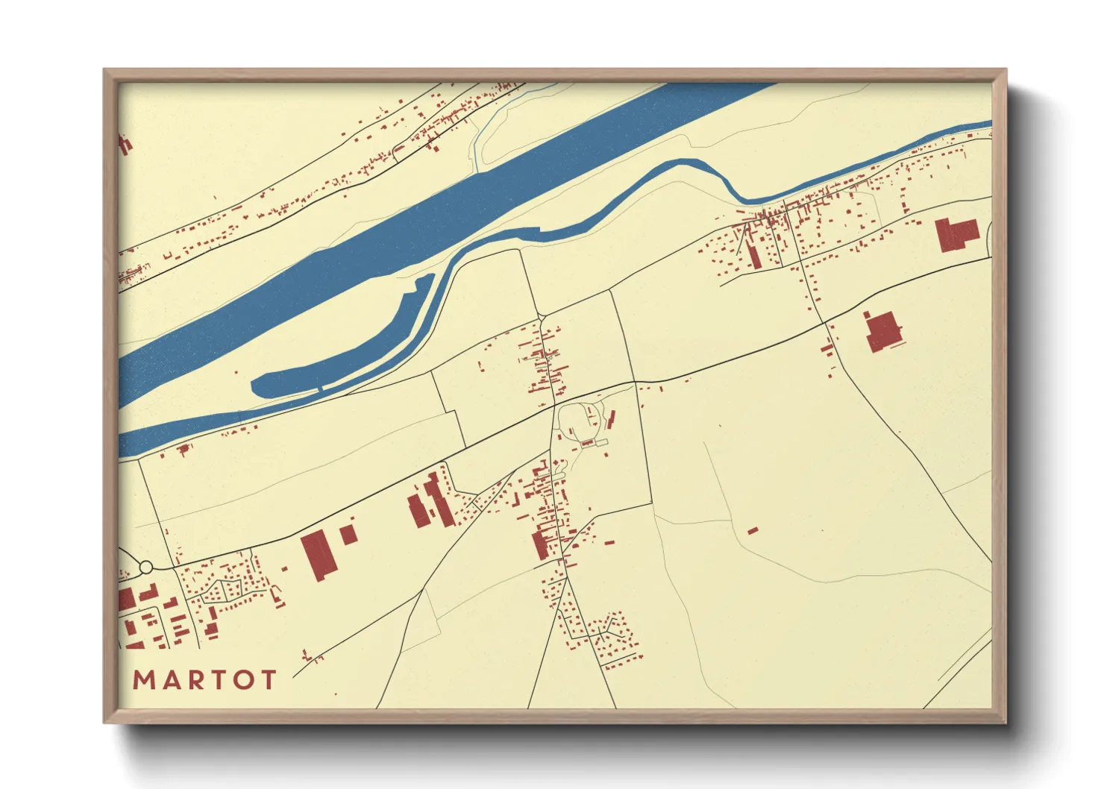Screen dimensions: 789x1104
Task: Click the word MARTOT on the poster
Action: coord(204,680)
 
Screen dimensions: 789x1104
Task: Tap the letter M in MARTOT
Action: coord(144,680)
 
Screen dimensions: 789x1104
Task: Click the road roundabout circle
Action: coord(146,568)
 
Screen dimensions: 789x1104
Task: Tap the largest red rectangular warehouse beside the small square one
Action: coord(318,556)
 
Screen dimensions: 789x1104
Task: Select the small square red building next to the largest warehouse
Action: coord(348,534)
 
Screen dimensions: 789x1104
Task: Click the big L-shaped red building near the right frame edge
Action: coord(956,234)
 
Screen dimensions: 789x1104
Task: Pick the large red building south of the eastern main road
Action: coord(883,331)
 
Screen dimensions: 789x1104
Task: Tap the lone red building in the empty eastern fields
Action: coord(753,531)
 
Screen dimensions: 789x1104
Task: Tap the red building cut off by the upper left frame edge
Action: coord(125,144)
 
